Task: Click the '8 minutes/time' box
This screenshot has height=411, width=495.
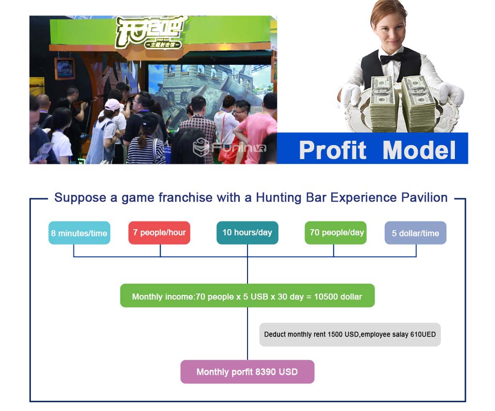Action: click(x=79, y=233)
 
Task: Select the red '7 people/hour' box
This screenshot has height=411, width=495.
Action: click(x=159, y=233)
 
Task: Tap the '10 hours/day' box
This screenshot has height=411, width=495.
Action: click(x=247, y=233)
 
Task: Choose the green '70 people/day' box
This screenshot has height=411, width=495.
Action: click(x=335, y=233)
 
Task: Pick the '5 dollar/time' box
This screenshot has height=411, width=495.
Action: click(x=415, y=233)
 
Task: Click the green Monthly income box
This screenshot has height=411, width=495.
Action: click(x=247, y=296)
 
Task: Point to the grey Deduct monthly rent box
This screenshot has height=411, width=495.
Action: click(x=350, y=335)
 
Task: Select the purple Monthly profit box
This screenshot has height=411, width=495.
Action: click(x=247, y=372)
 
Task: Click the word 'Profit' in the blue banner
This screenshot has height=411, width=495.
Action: click(x=333, y=150)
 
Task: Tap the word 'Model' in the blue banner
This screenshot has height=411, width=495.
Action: click(x=419, y=150)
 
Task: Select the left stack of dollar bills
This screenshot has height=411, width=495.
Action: click(x=383, y=103)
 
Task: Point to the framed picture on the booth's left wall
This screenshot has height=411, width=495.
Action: click(x=65, y=69)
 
